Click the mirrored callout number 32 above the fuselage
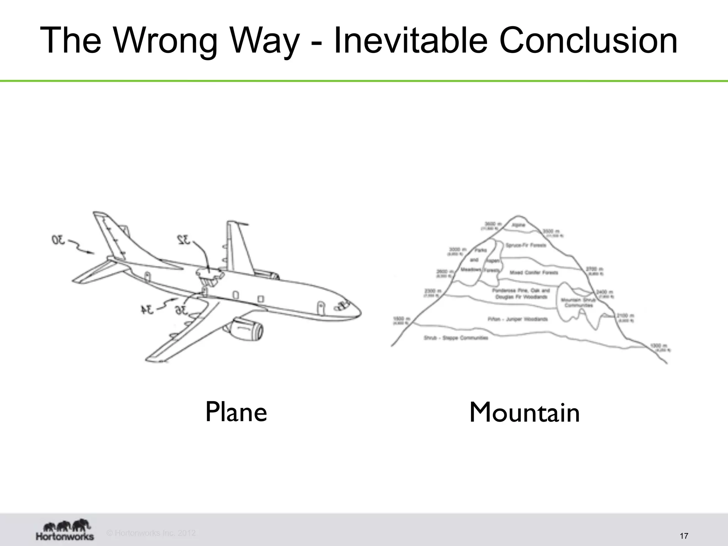[x=184, y=240]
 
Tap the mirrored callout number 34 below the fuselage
[x=147, y=310]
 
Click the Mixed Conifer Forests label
[x=534, y=273]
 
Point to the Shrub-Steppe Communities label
[x=456, y=338]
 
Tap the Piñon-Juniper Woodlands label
[x=518, y=319]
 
